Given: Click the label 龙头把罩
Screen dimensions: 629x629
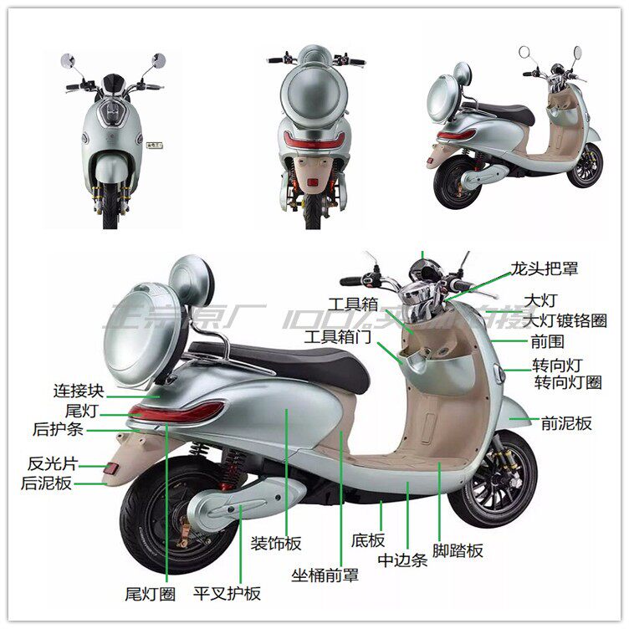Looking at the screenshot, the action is tap(545, 269).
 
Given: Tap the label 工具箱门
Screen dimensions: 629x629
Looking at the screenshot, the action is tap(336, 337).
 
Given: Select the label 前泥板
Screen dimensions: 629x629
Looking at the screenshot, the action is tap(566, 423).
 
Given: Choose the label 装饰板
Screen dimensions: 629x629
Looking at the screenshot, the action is tap(276, 544).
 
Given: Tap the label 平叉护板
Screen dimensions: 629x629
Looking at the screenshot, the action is tap(227, 593).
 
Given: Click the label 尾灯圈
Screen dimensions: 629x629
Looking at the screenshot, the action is tap(149, 594).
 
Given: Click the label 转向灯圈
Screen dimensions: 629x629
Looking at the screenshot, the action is tap(568, 383).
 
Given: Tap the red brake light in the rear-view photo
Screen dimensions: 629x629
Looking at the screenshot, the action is tap(313, 140).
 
